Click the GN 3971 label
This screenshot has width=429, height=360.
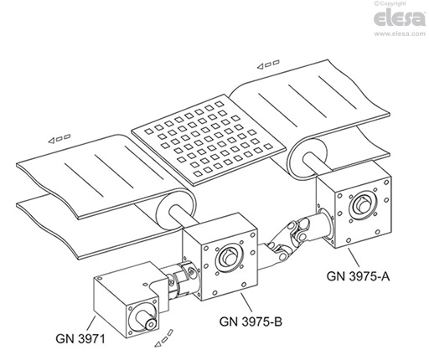[80, 339]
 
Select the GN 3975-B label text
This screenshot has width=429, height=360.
[251, 321]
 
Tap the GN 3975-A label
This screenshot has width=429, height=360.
[358, 276]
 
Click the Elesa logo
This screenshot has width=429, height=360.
[400, 18]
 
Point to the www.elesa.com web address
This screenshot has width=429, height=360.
[400, 33]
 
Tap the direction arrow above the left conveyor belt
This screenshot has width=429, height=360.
[59, 139]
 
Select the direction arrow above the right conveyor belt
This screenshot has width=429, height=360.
[268, 64]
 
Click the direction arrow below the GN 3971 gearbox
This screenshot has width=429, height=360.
[164, 338]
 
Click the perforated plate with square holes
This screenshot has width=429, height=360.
[209, 140]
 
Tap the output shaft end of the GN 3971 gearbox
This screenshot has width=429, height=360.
[150, 322]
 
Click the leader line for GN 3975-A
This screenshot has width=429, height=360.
[354, 258]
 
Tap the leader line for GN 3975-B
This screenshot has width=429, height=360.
[246, 302]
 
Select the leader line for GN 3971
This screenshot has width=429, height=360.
[91, 324]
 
